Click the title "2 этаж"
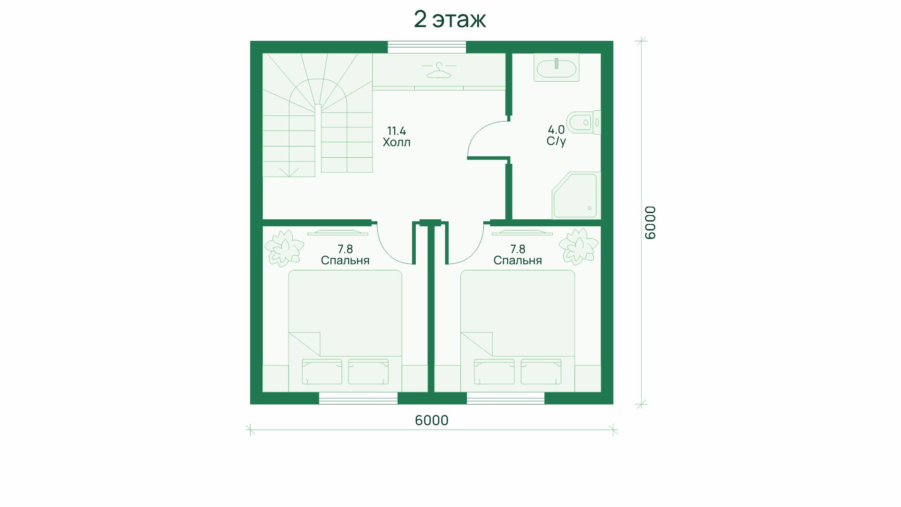pos(450,20)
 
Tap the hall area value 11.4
pos(397,131)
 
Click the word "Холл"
pos(397,142)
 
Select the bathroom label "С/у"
pos(556,141)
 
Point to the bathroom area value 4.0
pos(556,130)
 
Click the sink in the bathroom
pos(557,68)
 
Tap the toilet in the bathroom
pos(583,123)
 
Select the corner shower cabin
pos(576,195)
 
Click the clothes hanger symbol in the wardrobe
pos(439,71)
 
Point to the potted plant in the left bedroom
pos(283,247)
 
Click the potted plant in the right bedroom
pos(578,246)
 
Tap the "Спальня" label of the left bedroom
pos(345,261)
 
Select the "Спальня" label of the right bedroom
pos(518,261)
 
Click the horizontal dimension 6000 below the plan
pos(432,420)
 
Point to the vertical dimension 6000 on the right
pos(650,223)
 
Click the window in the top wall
pos(427,47)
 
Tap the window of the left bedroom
pos(358,398)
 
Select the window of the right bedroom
pos(505,398)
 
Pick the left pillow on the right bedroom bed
pos(494,372)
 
